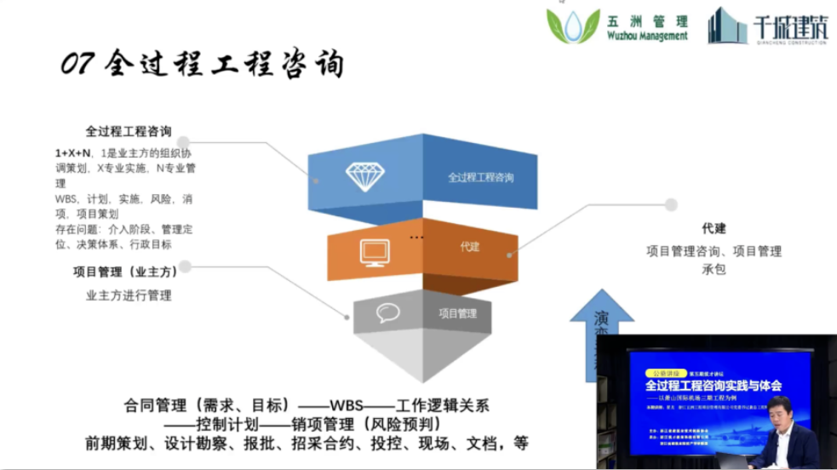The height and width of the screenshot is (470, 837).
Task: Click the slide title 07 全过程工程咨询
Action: pos(202,65)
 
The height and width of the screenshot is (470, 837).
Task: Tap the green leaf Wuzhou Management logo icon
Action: pos(573,26)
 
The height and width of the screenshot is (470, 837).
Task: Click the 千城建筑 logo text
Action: pos(789,27)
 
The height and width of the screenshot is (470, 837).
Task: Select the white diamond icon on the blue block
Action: pos(364,176)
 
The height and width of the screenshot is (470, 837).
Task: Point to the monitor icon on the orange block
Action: pos(375,253)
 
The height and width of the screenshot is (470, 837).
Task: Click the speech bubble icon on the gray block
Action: pos(388,312)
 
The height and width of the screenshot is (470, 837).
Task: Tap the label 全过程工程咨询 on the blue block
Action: pos(481,178)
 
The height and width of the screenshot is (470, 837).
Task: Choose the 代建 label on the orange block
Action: pos(470,247)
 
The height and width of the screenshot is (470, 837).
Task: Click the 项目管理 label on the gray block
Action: pos(458,313)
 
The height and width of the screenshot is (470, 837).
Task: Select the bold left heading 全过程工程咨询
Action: pos(129,132)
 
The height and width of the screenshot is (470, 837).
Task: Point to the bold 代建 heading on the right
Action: pos(714,229)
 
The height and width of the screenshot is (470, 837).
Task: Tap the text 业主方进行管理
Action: pos(129,295)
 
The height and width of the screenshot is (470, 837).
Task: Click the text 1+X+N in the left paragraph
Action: pos(72,153)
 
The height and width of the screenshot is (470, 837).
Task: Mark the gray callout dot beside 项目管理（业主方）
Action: pos(185,267)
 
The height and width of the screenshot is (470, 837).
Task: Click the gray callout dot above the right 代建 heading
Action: pos(671,205)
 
